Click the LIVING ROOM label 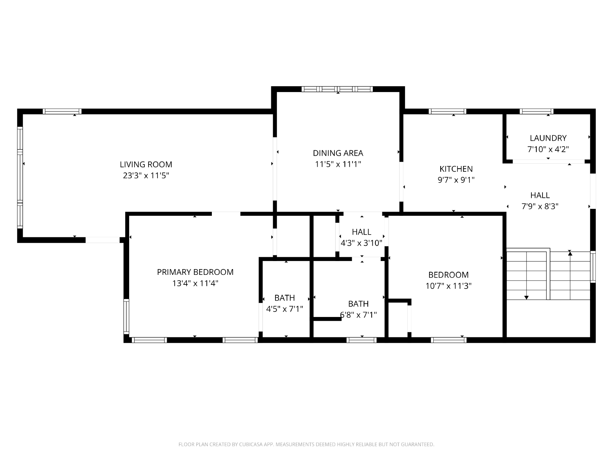[x=146, y=164]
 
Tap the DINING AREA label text [x=338, y=153]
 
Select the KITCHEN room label [x=456, y=169]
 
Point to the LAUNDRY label [x=548, y=138]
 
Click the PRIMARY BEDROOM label [x=195, y=272]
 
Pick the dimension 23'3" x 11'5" [x=146, y=176]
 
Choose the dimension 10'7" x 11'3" [x=448, y=286]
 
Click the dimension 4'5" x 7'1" [x=284, y=309]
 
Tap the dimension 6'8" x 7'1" [x=358, y=315]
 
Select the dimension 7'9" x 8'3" [x=540, y=206]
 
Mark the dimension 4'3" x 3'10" [x=361, y=243]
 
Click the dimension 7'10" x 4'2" [x=548, y=149]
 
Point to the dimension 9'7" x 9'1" [x=456, y=180]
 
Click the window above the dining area [x=337, y=89]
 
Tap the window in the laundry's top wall [x=536, y=112]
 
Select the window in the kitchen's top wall [x=447, y=112]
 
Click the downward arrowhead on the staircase [x=526, y=298]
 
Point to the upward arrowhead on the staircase [x=570, y=254]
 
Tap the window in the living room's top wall [x=62, y=112]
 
